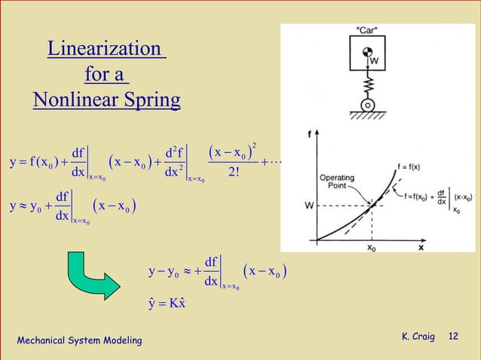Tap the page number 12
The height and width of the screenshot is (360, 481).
click(453, 335)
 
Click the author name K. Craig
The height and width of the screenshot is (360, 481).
click(418, 335)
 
